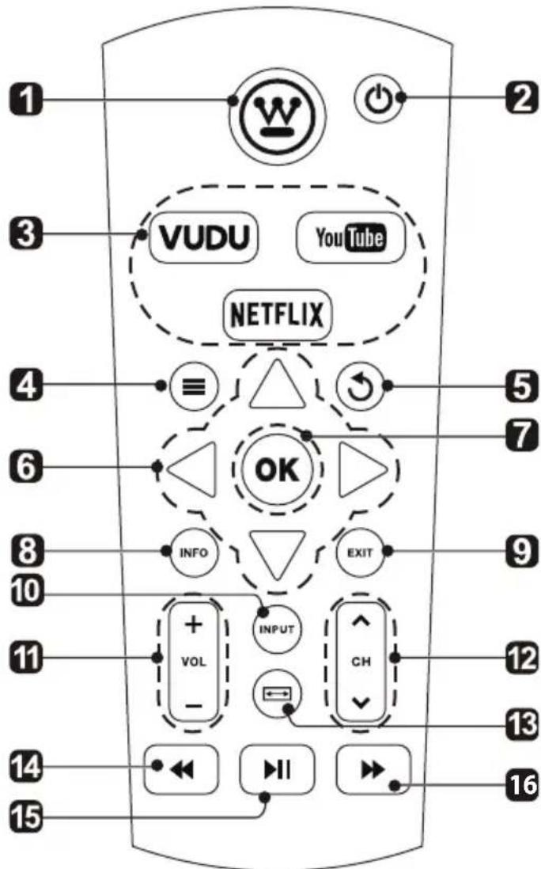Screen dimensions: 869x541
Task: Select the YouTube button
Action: click(x=348, y=237)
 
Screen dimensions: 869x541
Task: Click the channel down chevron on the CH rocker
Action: click(x=361, y=702)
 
